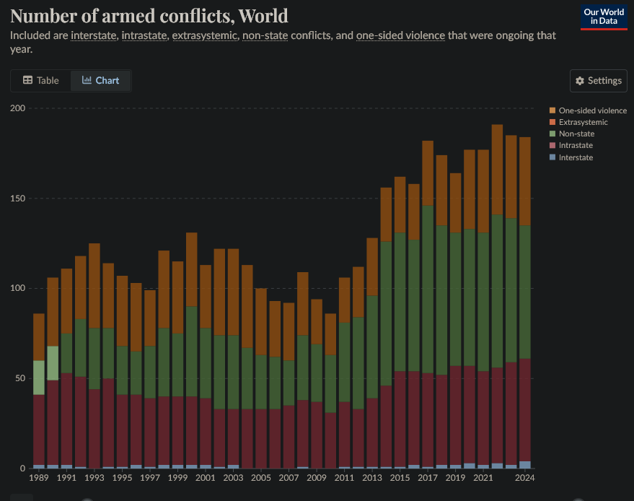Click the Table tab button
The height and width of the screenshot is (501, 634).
point(41,80)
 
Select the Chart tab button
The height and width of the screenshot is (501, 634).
point(101,80)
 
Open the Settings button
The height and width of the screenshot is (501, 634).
point(598,80)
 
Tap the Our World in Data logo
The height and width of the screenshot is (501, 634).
point(603,17)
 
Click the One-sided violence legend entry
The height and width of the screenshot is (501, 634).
point(592,110)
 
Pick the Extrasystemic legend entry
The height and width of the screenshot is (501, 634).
point(583,122)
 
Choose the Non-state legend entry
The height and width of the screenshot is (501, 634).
point(576,134)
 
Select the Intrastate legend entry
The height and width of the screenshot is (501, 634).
point(576,146)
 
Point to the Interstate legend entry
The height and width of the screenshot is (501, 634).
point(576,157)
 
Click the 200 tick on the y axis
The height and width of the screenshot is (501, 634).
point(18,108)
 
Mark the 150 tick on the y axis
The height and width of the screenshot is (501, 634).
point(18,199)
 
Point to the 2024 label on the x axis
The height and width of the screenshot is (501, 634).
point(525,477)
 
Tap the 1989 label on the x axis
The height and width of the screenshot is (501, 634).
point(39,477)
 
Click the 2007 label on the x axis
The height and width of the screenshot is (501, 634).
point(289,477)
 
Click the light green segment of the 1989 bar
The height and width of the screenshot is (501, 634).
point(39,377)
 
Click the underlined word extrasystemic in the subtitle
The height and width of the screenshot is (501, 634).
point(205,35)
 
